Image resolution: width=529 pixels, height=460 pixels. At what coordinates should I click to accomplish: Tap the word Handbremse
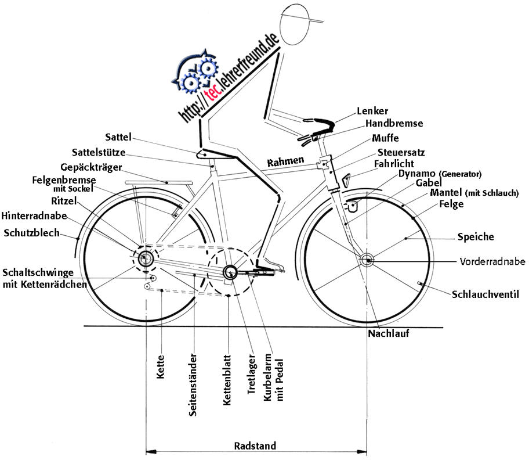tap(394, 124)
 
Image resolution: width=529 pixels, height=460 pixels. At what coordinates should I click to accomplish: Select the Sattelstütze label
tap(99, 153)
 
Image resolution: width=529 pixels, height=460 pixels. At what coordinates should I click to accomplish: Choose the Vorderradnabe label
tap(492, 261)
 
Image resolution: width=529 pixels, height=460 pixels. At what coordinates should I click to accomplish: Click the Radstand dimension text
tap(255, 446)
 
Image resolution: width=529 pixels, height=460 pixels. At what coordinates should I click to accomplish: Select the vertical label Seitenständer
tap(194, 386)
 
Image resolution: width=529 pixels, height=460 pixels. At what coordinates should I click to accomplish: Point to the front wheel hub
tap(367, 260)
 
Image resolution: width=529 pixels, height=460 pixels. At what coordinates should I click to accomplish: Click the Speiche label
tap(476, 237)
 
